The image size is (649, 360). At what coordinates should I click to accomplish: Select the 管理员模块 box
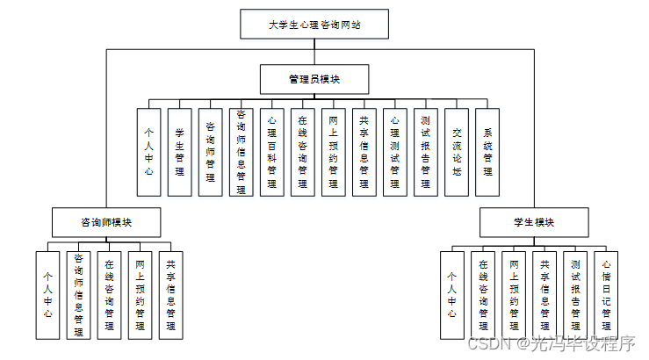click(x=314, y=79)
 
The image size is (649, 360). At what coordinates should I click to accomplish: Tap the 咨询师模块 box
click(x=105, y=222)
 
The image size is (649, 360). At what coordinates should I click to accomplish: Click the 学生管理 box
click(x=179, y=151)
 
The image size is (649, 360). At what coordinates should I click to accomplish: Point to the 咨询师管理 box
click(x=210, y=151)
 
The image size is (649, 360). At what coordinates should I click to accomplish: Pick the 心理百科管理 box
click(x=271, y=151)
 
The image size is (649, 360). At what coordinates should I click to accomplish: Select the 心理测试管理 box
click(x=394, y=151)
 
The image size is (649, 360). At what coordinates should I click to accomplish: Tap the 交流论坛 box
click(x=456, y=151)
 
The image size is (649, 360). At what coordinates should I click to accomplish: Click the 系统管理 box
click(x=487, y=151)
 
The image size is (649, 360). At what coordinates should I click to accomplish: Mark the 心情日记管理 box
click(x=606, y=294)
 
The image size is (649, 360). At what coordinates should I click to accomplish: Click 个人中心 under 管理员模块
click(x=148, y=151)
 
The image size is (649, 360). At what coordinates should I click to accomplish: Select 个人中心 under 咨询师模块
click(x=47, y=294)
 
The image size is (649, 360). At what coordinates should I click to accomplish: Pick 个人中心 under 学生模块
click(x=452, y=294)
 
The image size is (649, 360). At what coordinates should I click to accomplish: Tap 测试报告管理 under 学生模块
click(x=575, y=294)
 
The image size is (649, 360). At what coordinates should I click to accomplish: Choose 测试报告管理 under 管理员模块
click(x=425, y=151)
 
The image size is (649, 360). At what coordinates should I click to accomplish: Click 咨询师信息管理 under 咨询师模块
click(x=78, y=294)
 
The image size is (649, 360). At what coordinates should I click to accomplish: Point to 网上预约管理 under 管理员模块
click(x=333, y=151)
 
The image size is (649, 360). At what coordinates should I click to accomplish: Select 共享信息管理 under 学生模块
click(x=544, y=294)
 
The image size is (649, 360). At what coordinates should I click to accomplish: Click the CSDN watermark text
click(x=550, y=343)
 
